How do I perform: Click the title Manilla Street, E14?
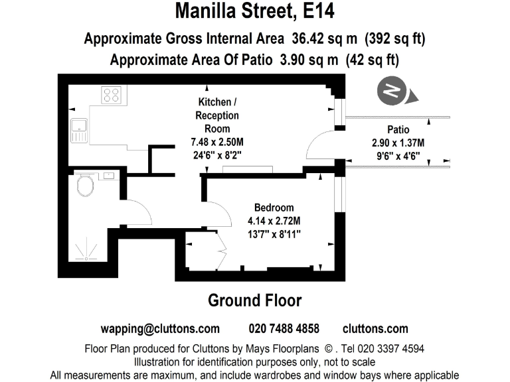[255, 11]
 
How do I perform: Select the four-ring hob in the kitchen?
[110, 95]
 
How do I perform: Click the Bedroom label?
[274, 208]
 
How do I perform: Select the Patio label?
[398, 129]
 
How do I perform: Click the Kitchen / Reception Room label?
[216, 115]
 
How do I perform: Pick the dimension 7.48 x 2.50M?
[216, 141]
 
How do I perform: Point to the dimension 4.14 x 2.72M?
[274, 221]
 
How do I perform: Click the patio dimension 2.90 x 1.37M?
[398, 143]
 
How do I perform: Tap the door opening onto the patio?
[321, 145]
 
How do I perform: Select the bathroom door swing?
[139, 212]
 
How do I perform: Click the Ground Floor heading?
[255, 300]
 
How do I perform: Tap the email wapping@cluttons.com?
[160, 329]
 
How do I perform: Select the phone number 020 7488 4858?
[284, 329]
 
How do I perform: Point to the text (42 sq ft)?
[372, 60]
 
